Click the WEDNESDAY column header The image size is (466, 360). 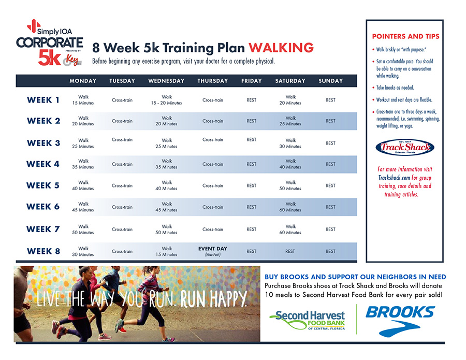(x=166, y=81)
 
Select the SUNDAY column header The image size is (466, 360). (x=330, y=81)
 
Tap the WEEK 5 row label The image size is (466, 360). (x=43, y=185)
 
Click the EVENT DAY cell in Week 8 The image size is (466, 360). (x=213, y=251)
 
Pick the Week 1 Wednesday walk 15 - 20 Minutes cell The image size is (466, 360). (x=166, y=100)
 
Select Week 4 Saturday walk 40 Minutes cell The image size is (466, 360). (x=290, y=164)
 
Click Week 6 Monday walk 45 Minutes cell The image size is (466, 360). (x=83, y=207)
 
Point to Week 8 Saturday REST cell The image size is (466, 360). (x=290, y=252)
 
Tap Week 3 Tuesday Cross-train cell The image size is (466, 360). (x=122, y=140)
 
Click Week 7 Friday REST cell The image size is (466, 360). (x=252, y=229)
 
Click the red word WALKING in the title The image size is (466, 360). (x=281, y=48)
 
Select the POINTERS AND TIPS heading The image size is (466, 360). (x=405, y=36)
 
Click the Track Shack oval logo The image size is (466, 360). (x=405, y=147)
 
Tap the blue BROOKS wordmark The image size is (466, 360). (x=400, y=312)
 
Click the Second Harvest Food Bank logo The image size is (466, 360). (x=308, y=320)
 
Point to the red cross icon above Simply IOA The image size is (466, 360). (x=34, y=26)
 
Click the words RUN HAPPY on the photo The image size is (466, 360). (x=213, y=298)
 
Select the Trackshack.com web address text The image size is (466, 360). (x=394, y=178)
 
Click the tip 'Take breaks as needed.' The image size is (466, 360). (x=395, y=88)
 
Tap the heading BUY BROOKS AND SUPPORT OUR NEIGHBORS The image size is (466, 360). (x=355, y=277)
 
